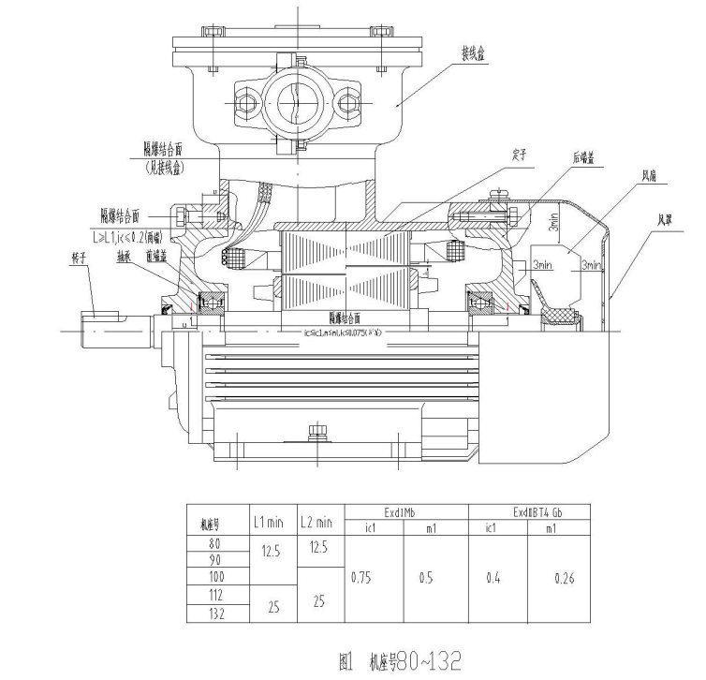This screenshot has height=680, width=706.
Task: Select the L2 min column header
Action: [317, 522]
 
